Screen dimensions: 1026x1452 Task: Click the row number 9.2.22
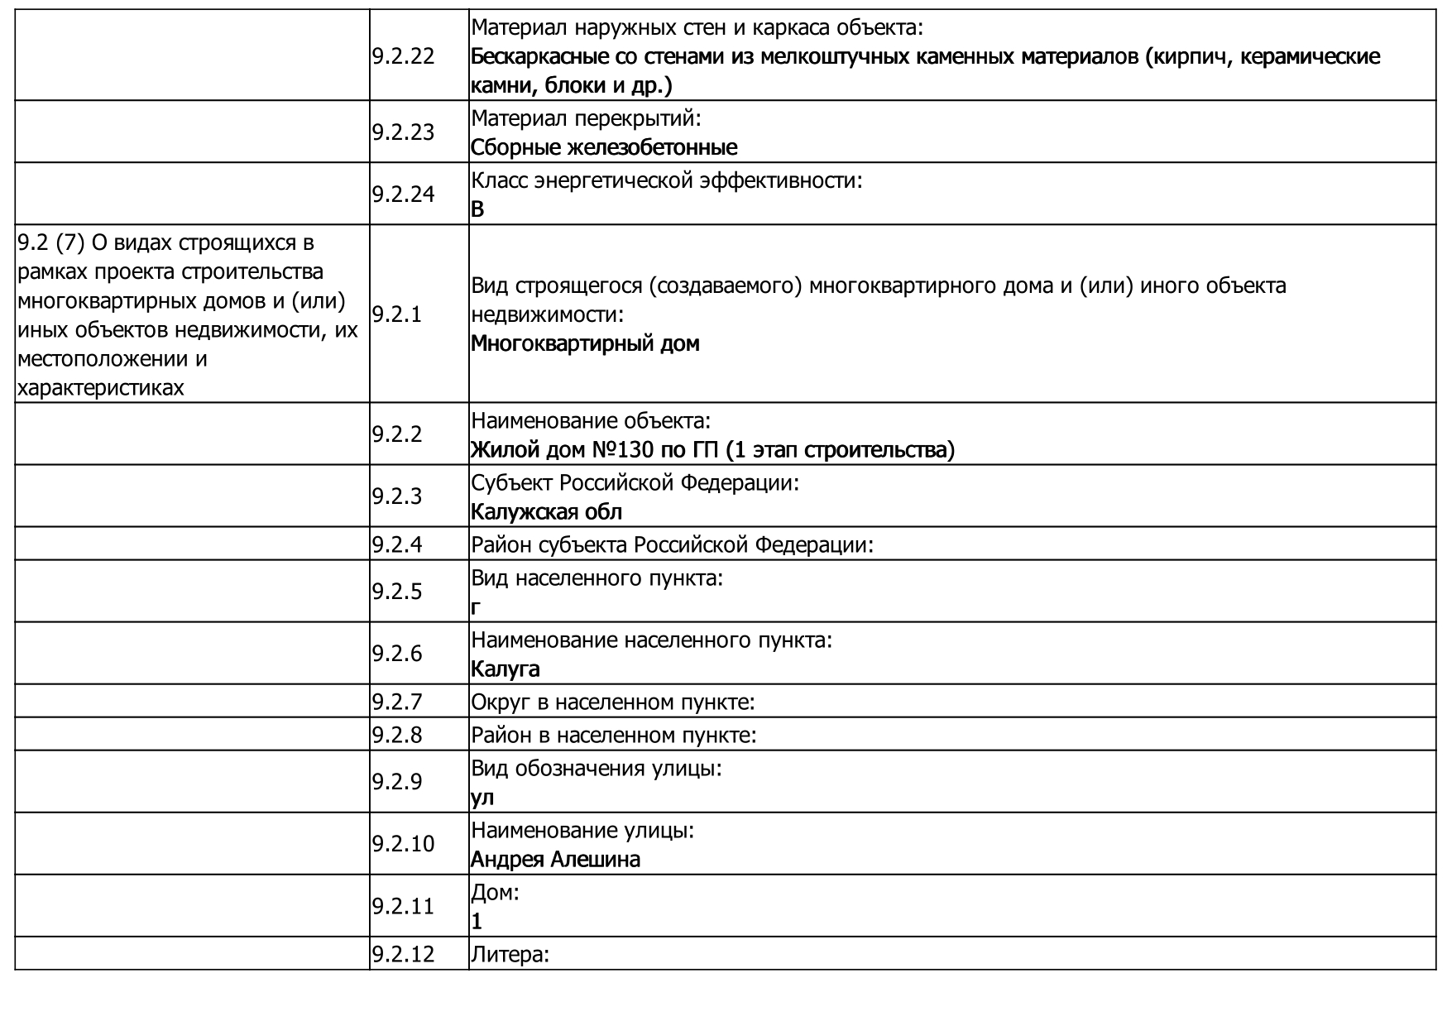[403, 56]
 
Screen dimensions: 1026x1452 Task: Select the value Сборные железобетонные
[603, 147]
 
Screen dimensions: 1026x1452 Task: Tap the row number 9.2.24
[403, 194]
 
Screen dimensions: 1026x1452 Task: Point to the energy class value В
[477, 209]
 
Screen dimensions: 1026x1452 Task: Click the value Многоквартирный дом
[584, 343]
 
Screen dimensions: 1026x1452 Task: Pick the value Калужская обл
[546, 512]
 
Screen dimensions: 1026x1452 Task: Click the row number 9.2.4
[397, 544]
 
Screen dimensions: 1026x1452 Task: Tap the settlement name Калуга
[505, 669]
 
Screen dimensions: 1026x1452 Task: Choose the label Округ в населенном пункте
[612, 702]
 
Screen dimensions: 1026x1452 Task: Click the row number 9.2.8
[397, 735]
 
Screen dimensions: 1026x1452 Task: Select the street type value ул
[482, 798]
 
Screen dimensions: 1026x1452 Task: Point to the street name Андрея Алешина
[555, 860]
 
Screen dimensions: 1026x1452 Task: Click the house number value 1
[477, 922]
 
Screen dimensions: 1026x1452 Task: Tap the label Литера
[510, 955]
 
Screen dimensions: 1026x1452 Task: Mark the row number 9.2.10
[403, 844]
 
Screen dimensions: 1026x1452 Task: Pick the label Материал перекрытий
[586, 118]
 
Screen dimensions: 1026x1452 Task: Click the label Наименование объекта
[591, 421]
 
